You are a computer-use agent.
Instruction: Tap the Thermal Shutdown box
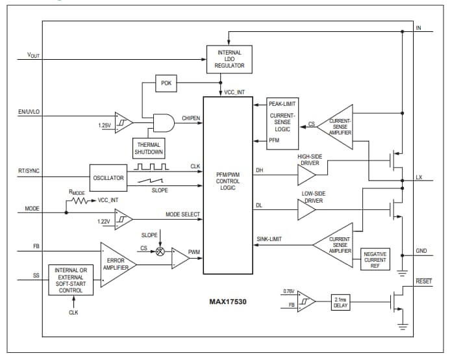[149, 149]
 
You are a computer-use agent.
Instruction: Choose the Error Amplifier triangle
[117, 264]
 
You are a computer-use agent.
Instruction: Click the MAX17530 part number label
[229, 302]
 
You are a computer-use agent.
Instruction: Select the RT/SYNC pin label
[29, 172]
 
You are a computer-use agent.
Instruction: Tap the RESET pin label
[423, 281]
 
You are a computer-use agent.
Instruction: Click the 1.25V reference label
[104, 124]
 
